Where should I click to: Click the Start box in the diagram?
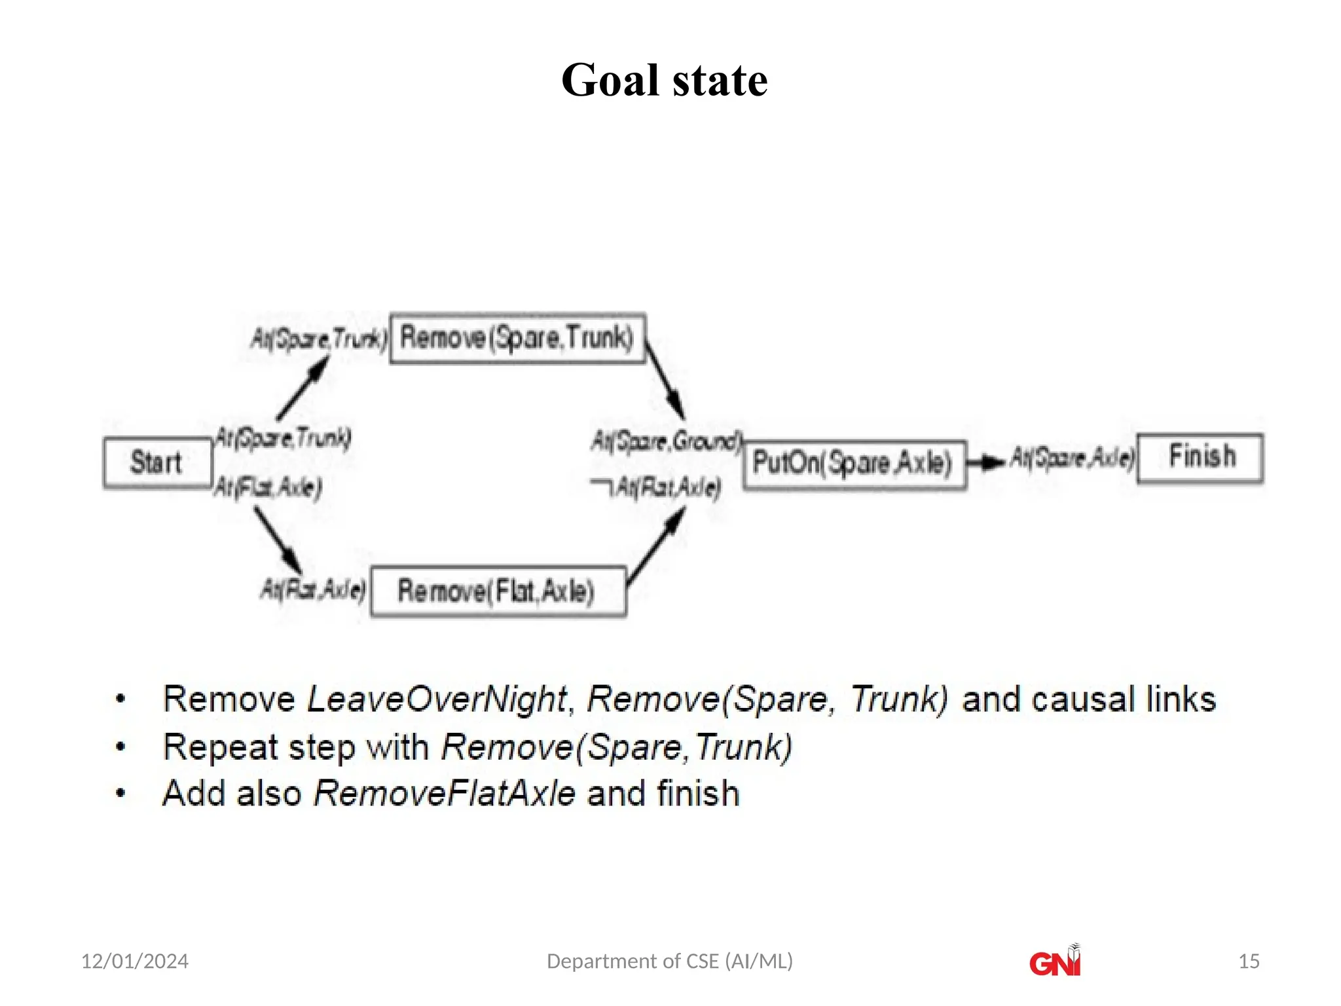158,463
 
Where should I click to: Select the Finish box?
1200,458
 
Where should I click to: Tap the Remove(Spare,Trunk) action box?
517,339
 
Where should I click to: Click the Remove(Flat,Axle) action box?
498,591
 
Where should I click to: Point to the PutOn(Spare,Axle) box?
854,464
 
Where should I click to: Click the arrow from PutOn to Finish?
985,463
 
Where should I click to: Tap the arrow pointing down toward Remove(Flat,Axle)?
278,540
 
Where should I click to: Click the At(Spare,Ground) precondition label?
667,441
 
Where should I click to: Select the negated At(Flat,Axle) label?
656,487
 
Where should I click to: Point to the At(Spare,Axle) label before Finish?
1073,458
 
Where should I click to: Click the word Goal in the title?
610,81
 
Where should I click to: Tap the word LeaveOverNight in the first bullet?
436,699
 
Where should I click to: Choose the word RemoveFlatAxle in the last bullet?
445,793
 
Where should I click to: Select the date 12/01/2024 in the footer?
135,961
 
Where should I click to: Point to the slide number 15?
1249,961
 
